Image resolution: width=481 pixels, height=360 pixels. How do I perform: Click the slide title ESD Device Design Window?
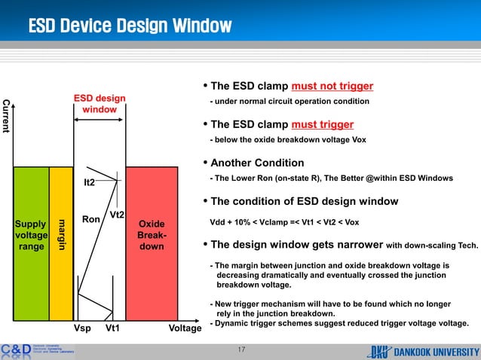(x=129, y=26)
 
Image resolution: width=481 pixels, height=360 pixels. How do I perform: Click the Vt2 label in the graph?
(x=118, y=215)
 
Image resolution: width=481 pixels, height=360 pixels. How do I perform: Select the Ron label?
(x=91, y=220)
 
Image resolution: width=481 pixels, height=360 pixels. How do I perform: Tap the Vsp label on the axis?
(x=82, y=329)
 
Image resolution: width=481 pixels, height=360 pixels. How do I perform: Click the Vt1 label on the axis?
(x=114, y=329)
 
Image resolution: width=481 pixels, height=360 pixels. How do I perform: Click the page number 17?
(x=241, y=349)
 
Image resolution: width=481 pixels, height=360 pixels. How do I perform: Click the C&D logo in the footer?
(x=16, y=350)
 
